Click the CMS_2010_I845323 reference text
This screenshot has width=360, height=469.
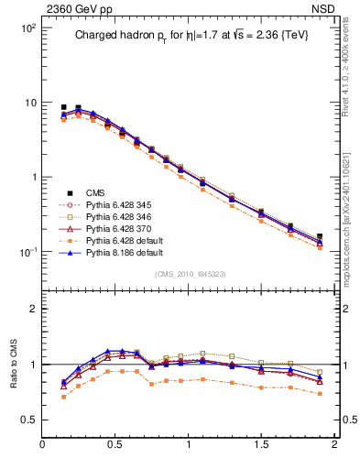click(x=189, y=274)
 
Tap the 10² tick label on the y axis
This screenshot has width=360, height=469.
click(x=27, y=28)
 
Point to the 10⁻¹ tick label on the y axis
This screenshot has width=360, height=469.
click(x=27, y=252)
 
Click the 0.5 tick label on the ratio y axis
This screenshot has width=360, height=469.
click(x=27, y=420)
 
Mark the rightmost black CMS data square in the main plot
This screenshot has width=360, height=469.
click(x=320, y=236)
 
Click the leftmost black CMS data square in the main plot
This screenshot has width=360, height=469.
click(x=63, y=107)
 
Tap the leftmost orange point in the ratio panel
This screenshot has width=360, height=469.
click(x=63, y=397)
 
